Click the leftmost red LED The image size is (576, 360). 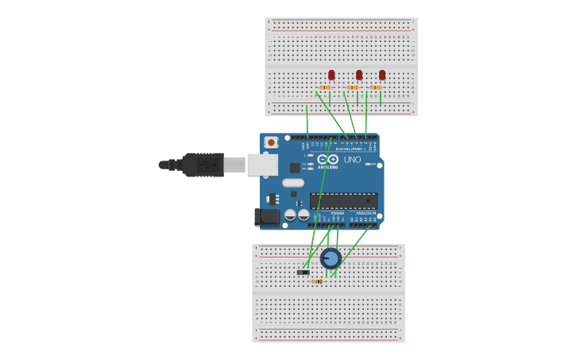pos(331,75)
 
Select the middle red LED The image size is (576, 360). pos(359,75)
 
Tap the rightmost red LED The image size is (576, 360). pos(382,75)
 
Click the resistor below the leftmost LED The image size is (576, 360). pos(325,87)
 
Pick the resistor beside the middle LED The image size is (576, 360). pos(353,87)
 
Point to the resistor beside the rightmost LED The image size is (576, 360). pos(376,87)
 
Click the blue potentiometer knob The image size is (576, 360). pos(331,258)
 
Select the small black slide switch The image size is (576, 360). pos(303,273)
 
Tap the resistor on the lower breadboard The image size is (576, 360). pos(317,281)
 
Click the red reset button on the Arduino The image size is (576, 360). pos(271,142)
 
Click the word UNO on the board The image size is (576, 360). pos(353,160)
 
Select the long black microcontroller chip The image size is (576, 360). pos(343,200)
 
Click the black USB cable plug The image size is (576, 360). pos(203,165)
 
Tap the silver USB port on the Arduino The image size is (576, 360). pos(261,165)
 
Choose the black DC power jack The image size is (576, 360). pos(268,216)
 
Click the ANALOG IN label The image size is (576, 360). pos(365,213)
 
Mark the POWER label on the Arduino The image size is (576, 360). pos(338,213)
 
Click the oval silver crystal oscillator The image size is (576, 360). pos(293,183)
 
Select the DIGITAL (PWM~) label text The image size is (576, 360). pos(350,149)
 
